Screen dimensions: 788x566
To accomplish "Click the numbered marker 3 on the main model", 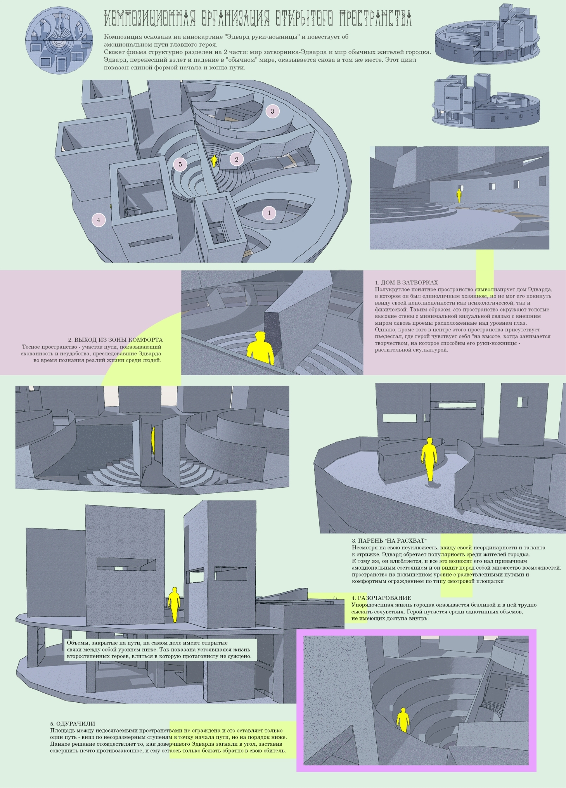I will point(272,111).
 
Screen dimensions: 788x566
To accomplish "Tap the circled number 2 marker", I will point(237,159).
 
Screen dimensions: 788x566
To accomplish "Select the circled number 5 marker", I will point(180,164).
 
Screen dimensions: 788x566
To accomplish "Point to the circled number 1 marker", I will point(269,213).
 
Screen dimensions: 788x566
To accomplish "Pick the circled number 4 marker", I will point(99,220).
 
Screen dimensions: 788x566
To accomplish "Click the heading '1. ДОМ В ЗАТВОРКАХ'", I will point(406,282).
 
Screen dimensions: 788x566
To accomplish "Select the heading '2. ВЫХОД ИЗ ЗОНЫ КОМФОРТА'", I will point(115,340).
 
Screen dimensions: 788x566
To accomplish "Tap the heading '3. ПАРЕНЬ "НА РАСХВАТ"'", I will point(389,541).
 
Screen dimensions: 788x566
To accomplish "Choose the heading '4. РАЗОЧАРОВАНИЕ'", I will point(381,598).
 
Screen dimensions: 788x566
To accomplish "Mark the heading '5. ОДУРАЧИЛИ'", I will point(73,724).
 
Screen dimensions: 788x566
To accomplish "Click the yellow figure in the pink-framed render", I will point(403,720).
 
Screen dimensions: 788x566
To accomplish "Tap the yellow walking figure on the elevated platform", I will point(429,459).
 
